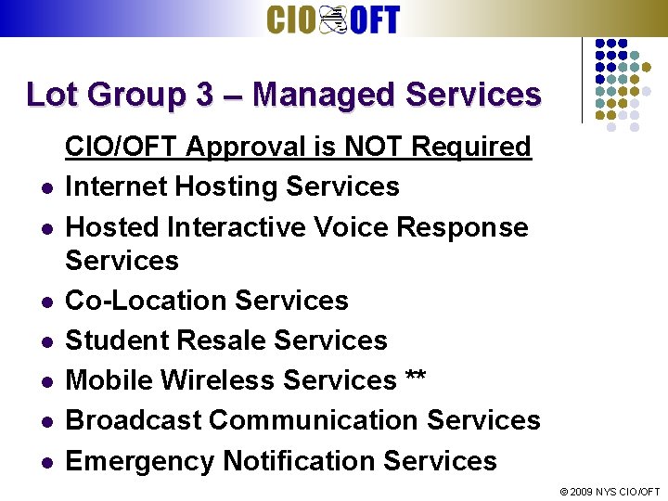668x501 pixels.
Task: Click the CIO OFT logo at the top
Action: coord(333,19)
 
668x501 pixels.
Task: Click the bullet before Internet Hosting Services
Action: coord(45,188)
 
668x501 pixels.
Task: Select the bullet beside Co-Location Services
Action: coord(45,302)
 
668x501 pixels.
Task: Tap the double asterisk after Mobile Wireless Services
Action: coord(416,379)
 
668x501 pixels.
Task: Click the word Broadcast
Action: coord(134,420)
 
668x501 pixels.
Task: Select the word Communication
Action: coord(315,420)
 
